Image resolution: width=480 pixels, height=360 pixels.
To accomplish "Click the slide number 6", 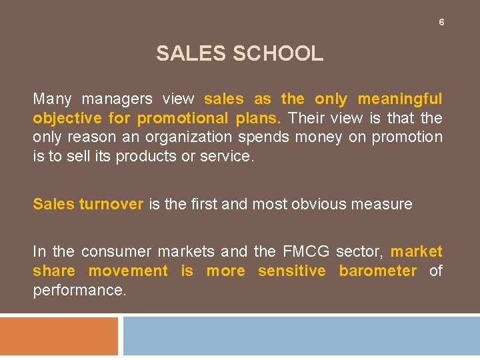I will coord(441,23).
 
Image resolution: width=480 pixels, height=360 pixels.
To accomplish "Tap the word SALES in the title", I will coord(191,53).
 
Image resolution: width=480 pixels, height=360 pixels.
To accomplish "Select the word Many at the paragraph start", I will coord(52,99).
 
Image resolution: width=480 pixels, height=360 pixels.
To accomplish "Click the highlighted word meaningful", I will coord(400,99).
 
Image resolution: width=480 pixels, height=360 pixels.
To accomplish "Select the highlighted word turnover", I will coord(111,204).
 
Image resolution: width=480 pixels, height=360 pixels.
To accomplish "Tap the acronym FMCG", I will coord(305,251).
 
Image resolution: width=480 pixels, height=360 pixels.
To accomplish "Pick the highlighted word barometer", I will coord(378,271).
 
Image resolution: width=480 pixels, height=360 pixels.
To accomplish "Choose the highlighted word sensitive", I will coord(292,271).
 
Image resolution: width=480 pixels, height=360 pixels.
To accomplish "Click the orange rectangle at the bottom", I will coord(59,336).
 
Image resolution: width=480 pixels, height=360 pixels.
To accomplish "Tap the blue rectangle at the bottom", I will coord(301,336).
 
